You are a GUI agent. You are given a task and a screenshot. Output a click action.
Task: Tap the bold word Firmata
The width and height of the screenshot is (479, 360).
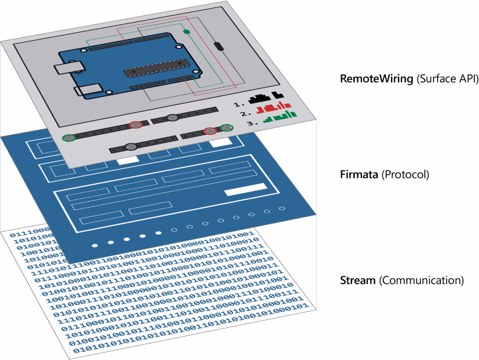click(x=358, y=175)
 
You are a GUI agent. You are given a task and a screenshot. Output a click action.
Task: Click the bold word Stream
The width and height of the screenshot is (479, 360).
click(x=358, y=280)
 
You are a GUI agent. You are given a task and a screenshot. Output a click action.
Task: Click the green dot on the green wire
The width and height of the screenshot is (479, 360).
click(x=186, y=32)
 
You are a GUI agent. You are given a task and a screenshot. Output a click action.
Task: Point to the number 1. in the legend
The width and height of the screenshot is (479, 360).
click(x=239, y=104)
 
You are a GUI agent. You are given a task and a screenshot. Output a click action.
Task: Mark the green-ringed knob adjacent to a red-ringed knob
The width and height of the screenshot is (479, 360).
click(x=226, y=128)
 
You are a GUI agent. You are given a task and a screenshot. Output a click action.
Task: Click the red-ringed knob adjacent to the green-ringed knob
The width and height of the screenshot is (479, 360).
click(x=210, y=131)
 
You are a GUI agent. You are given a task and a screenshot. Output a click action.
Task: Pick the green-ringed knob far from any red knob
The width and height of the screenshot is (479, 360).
click(x=69, y=138)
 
